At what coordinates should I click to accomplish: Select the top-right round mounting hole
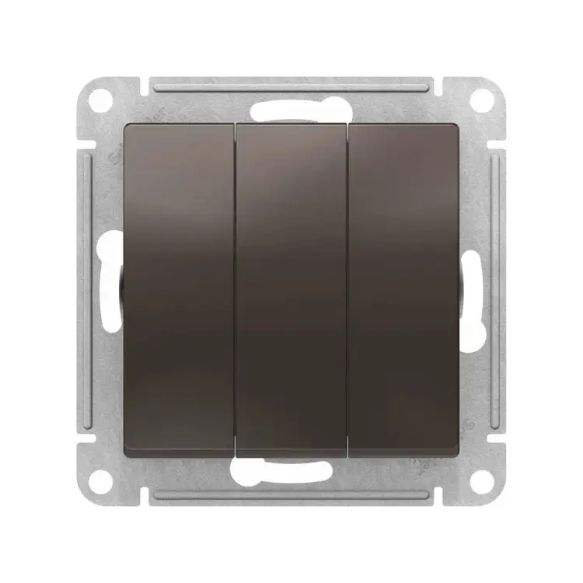(x=482, y=99)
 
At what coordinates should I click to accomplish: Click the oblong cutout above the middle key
(x=291, y=111)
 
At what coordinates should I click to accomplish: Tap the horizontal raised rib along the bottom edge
(x=291, y=497)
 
